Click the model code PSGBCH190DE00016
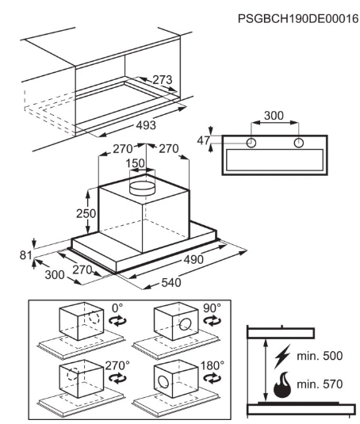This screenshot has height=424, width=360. [298, 19]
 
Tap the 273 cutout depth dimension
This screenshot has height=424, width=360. [163, 80]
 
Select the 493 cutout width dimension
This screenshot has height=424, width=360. [146, 125]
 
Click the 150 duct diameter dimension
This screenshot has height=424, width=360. [136, 163]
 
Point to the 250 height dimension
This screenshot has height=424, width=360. [86, 214]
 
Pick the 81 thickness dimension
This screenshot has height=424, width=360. [25, 255]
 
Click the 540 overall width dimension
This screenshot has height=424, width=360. [171, 283]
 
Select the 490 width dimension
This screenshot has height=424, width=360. [193, 260]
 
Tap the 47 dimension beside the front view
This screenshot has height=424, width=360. [204, 140]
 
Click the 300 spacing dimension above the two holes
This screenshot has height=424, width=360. [274, 116]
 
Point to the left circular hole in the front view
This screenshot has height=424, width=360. [251, 143]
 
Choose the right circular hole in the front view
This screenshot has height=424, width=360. [299, 143]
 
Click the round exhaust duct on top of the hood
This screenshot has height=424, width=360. [143, 187]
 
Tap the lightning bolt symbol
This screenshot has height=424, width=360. [282, 356]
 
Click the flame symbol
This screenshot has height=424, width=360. [282, 384]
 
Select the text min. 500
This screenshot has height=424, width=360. [320, 356]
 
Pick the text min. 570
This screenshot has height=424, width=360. [320, 384]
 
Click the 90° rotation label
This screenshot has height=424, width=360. [212, 308]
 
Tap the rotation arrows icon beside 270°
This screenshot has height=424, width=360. [117, 377]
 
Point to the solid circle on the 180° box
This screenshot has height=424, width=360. [164, 383]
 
